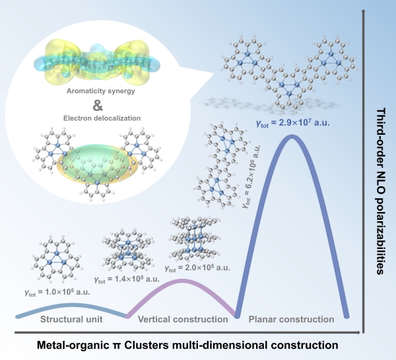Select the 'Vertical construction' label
[182, 320]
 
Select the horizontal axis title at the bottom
[187, 345]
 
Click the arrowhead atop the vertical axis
[361, 11]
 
